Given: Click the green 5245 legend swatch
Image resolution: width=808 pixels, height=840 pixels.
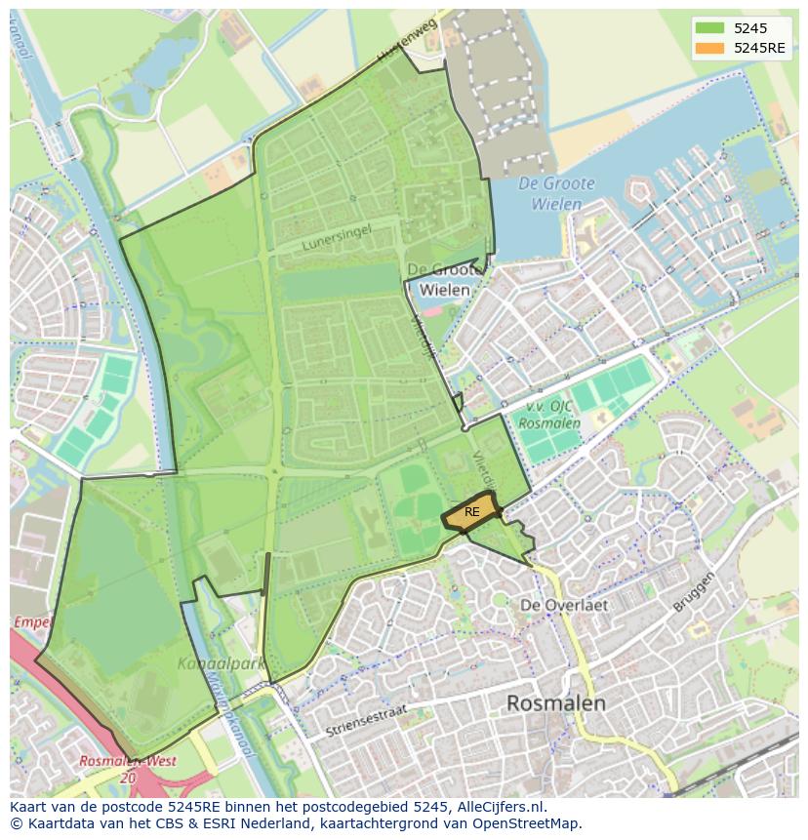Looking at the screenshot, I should [x=709, y=28].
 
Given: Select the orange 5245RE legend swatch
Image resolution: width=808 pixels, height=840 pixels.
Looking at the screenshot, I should [x=709, y=48].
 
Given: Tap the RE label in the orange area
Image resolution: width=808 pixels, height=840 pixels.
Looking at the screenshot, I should [x=472, y=512].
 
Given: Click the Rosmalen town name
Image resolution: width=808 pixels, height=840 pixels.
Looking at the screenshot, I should [x=556, y=702].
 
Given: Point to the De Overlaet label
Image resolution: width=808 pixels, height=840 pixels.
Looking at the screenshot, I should [x=564, y=605].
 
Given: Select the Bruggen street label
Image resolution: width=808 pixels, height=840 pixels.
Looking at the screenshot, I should [x=694, y=592].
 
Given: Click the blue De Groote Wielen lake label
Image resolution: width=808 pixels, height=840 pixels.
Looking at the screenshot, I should [x=549, y=194].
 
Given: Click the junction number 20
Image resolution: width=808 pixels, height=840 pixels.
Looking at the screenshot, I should [x=128, y=778].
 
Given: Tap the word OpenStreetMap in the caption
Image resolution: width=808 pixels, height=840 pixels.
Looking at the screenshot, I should [x=528, y=823].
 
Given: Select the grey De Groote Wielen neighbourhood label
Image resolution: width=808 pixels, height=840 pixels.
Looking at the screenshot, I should [x=444, y=279].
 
